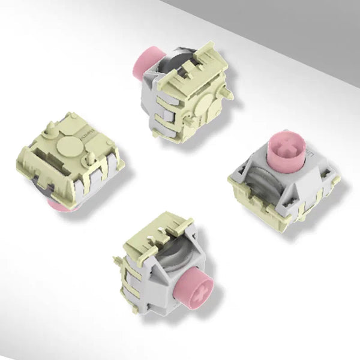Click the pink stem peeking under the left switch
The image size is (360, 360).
(60, 205)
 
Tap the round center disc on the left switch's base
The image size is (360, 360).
(70, 146)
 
